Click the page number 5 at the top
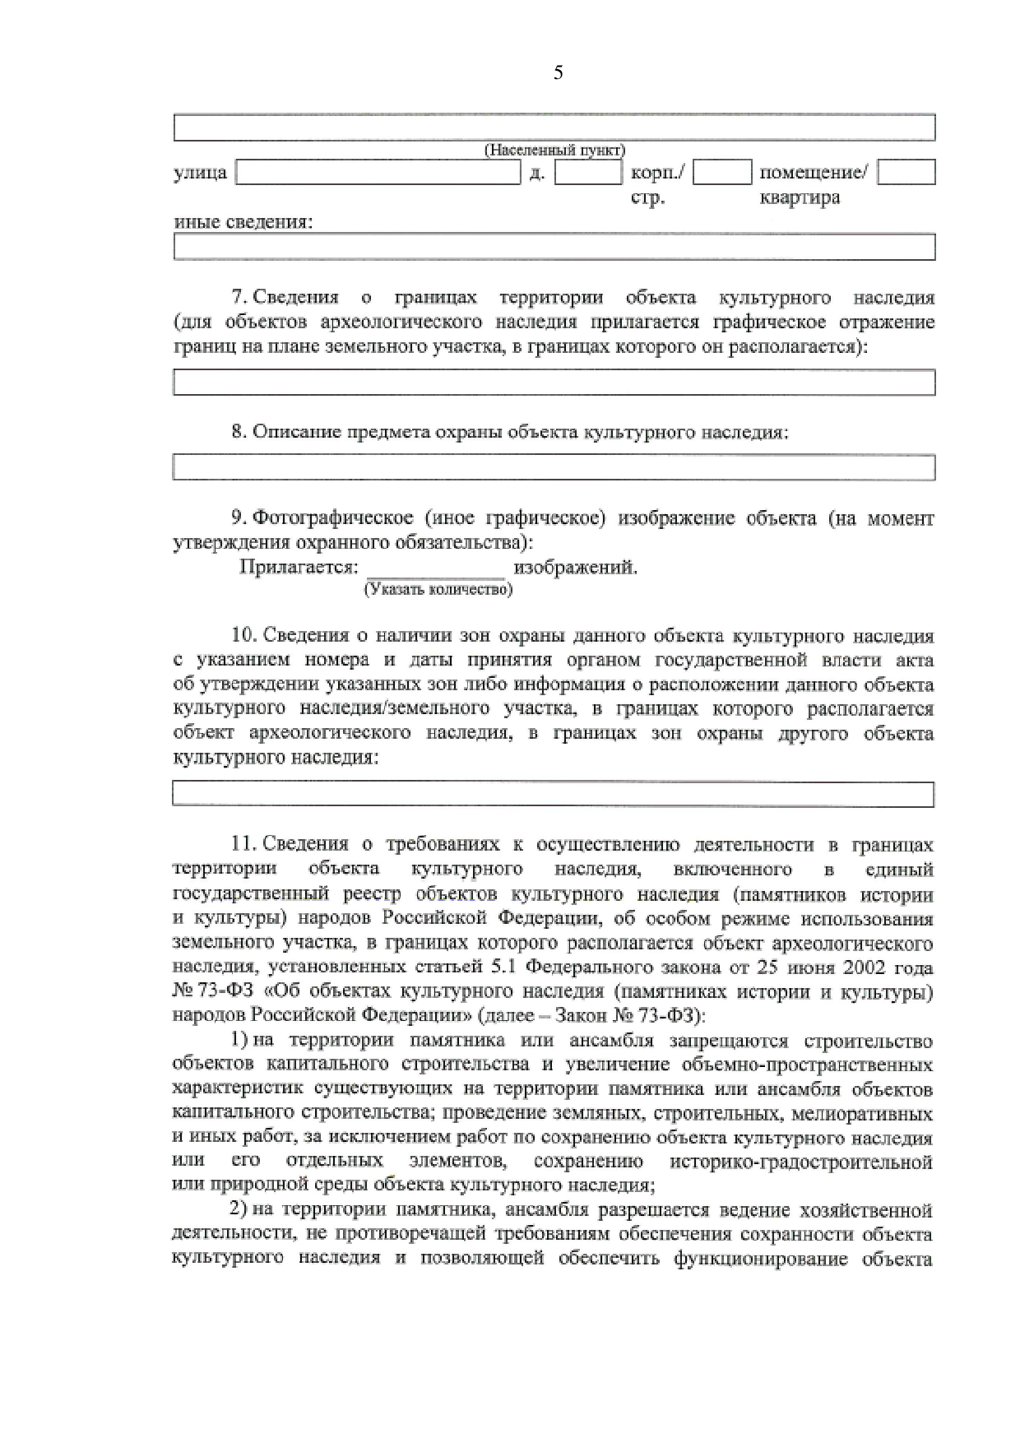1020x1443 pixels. coord(558,73)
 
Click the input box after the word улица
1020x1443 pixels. coord(378,173)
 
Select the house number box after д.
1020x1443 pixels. coord(587,173)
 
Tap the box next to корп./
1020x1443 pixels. coord(722,173)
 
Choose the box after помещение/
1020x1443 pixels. coord(906,173)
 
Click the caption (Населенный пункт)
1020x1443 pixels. coord(554,151)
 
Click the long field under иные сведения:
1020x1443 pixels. coord(554,247)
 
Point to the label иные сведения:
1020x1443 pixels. coord(243,222)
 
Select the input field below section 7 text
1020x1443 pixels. coord(554,383)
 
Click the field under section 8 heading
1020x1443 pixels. coord(554,467)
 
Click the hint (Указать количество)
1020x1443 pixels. coord(438,589)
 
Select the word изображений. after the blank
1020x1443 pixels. coord(575,568)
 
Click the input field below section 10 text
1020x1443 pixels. coord(553,795)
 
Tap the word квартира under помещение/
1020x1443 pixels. coord(800,198)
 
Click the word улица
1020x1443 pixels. coord(200,173)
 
